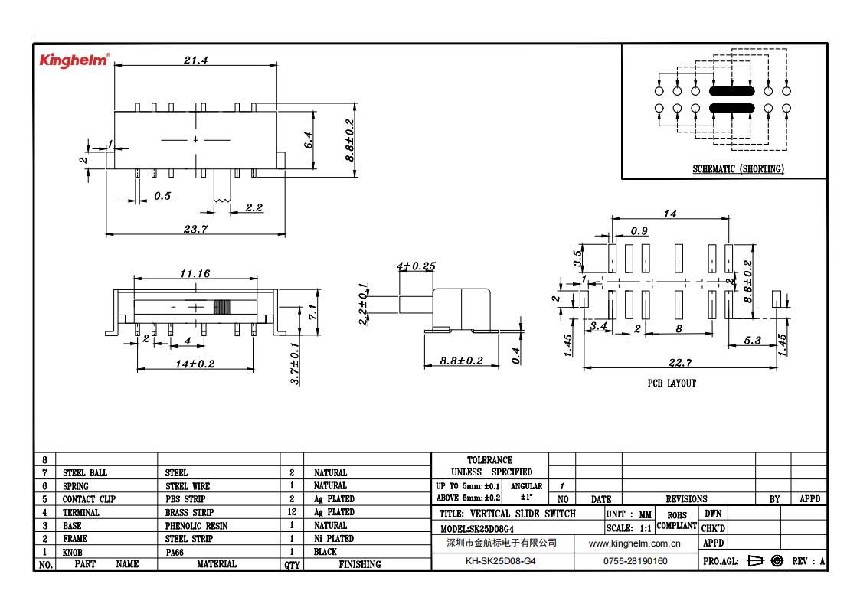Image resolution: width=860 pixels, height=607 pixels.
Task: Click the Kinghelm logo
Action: [x=74, y=60]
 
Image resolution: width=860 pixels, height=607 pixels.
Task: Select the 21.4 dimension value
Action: [x=196, y=60]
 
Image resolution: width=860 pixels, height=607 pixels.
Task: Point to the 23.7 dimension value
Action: [x=196, y=229]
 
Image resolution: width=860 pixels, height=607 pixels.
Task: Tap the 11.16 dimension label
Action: [x=195, y=273]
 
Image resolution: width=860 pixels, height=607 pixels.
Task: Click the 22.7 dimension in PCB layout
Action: [x=680, y=363]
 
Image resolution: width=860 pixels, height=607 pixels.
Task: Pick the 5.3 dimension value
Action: [x=753, y=340]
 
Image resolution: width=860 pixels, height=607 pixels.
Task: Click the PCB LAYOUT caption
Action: [x=672, y=383]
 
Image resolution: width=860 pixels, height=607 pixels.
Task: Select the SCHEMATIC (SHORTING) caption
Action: [x=738, y=169]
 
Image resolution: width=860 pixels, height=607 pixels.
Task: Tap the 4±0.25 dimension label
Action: [x=417, y=266]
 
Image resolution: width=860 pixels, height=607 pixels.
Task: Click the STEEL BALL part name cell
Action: [x=85, y=472]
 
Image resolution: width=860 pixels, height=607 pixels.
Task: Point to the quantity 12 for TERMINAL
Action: [x=292, y=512]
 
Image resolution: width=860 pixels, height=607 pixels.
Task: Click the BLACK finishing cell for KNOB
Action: [x=325, y=552]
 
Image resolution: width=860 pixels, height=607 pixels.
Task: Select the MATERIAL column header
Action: [x=217, y=563]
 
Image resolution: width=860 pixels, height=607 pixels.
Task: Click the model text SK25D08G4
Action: [x=492, y=529]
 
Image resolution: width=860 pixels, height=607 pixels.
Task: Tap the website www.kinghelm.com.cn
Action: [x=635, y=543]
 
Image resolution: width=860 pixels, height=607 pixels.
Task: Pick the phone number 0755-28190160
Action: [x=636, y=561]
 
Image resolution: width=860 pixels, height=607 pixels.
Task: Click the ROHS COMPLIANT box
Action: [x=677, y=521]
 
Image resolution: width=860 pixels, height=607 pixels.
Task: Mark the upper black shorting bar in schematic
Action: [x=731, y=91]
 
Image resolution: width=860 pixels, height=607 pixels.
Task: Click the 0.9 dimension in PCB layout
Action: [x=639, y=231]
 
